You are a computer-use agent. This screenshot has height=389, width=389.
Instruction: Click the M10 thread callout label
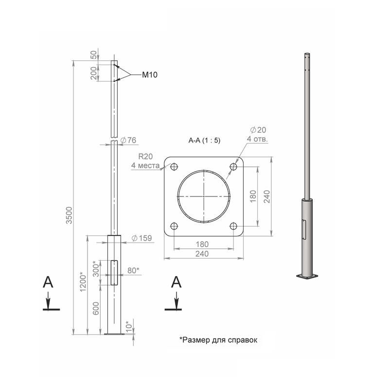150,75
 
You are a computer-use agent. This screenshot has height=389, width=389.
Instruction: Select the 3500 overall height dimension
69,215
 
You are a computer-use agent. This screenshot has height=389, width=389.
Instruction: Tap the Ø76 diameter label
128,140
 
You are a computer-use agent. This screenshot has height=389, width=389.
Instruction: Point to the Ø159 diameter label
141,238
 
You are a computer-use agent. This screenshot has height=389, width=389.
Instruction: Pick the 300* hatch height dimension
96,269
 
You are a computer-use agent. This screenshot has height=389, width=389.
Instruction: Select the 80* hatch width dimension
133,270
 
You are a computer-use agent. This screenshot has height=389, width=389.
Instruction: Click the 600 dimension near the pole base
96,308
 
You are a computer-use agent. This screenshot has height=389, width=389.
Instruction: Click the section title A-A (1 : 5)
204,141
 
